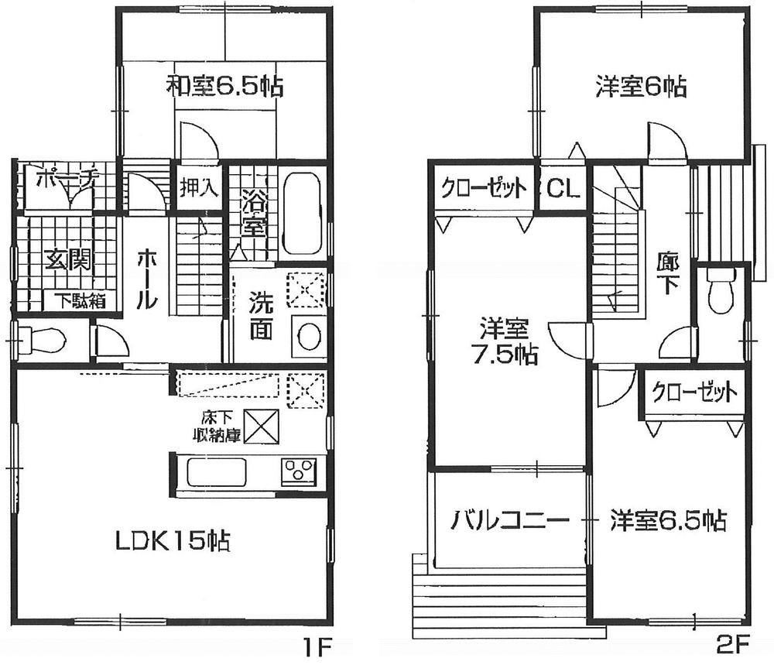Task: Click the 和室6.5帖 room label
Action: click(224, 86)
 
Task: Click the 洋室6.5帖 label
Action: click(667, 519)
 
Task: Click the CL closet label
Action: click(563, 188)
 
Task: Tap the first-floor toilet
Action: click(43, 338)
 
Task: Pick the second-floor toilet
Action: click(721, 294)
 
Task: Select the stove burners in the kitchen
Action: click(299, 471)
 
